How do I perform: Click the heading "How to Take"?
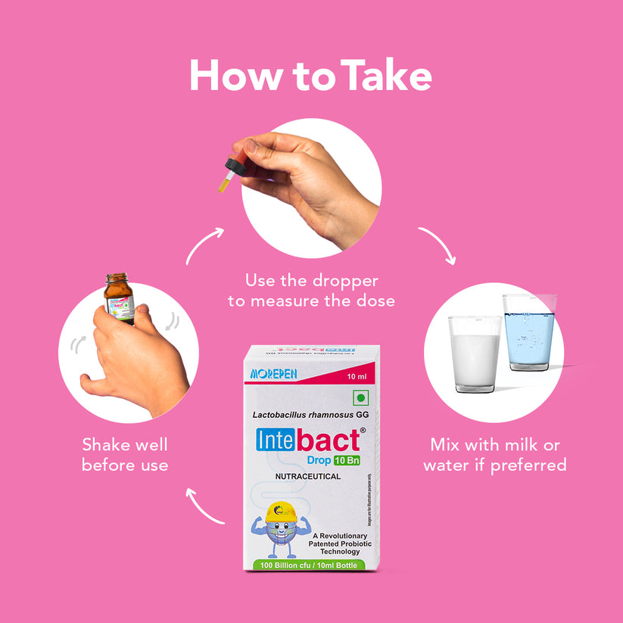tap(310, 76)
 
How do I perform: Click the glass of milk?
tap(475, 354)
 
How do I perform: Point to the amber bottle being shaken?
tap(119, 298)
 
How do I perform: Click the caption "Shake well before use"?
tap(125, 454)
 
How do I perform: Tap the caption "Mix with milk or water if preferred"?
tap(495, 454)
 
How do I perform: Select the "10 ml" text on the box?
tap(356, 375)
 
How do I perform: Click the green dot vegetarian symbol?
tap(360, 397)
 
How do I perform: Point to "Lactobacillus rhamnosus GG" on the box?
tap(311, 415)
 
